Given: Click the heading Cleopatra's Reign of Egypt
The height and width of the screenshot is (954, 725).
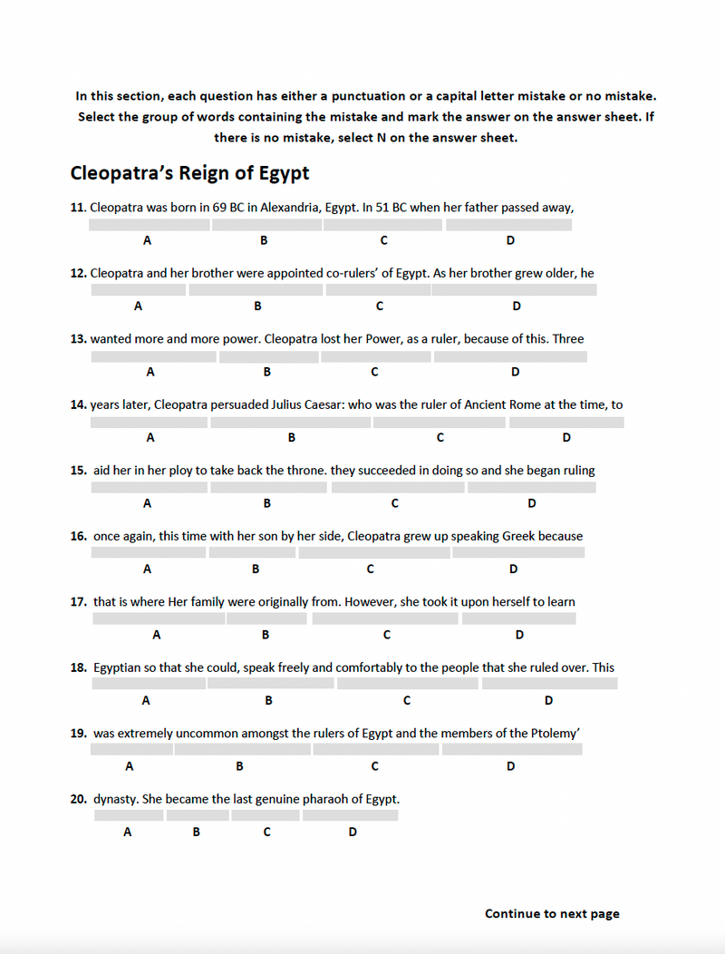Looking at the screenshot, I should pyautogui.click(x=189, y=173).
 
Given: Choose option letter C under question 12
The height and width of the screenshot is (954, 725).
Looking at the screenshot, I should pyautogui.click(x=380, y=306).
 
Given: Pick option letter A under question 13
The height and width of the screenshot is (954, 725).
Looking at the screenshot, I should pyautogui.click(x=150, y=372).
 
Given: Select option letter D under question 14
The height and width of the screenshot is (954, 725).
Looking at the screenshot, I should pyautogui.click(x=566, y=437).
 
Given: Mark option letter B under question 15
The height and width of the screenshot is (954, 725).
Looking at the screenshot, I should pyautogui.click(x=267, y=503).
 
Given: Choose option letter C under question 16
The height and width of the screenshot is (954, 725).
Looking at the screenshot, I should pyautogui.click(x=371, y=569).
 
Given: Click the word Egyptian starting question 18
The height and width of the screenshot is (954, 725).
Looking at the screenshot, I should pyautogui.click(x=117, y=667).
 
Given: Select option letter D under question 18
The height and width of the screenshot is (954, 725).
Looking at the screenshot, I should pyautogui.click(x=548, y=700).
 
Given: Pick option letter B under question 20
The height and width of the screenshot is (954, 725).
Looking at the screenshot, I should pyautogui.click(x=197, y=832).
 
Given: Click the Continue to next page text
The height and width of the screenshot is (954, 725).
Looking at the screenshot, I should pyautogui.click(x=552, y=913).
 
